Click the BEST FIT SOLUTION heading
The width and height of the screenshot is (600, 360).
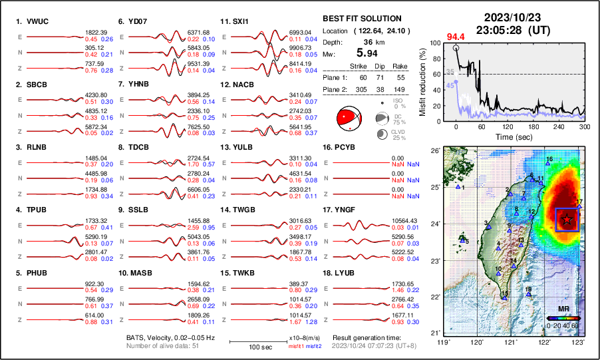coord(361,19)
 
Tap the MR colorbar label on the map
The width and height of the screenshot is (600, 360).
coord(563,309)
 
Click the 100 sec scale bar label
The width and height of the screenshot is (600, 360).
coord(248,348)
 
